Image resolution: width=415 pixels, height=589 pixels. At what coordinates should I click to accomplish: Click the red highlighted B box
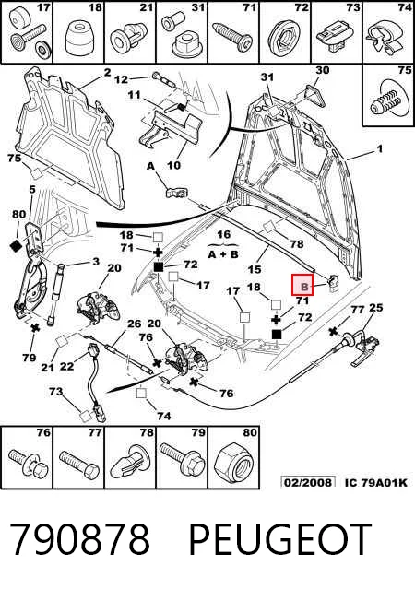click(x=303, y=284)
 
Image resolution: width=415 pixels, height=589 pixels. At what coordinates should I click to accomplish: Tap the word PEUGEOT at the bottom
click(x=280, y=540)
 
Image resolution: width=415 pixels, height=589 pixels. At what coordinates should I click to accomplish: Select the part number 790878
click(x=79, y=540)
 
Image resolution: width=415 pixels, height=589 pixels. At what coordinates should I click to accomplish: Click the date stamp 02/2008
click(x=309, y=482)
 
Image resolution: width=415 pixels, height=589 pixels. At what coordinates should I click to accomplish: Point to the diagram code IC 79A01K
click(x=376, y=482)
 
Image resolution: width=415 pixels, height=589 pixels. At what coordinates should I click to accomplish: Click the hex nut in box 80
click(x=233, y=462)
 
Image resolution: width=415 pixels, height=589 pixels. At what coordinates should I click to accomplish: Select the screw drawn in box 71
click(x=231, y=36)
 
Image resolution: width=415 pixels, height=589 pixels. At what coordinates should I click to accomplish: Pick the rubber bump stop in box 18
click(x=78, y=38)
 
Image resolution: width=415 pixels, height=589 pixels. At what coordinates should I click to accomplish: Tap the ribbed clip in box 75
click(x=388, y=100)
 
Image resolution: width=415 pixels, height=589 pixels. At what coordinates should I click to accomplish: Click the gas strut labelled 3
click(x=55, y=294)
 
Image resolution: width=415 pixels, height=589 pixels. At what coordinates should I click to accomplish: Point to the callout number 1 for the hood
click(x=380, y=149)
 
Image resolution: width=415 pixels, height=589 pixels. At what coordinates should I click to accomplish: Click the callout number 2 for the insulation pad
click(x=107, y=73)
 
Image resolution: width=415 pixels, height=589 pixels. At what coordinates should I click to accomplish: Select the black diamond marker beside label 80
click(x=17, y=246)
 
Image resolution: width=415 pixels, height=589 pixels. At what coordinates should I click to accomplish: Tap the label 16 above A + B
click(x=223, y=235)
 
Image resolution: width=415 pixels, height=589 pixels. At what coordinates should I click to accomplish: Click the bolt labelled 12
click(x=164, y=79)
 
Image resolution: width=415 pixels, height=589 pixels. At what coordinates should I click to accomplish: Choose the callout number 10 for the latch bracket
click(x=173, y=165)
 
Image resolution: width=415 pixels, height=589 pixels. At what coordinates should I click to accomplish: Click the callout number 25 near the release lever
click(x=375, y=308)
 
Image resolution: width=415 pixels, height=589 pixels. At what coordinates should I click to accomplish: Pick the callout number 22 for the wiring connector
click(x=66, y=366)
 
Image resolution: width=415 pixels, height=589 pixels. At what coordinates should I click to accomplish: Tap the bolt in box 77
click(x=79, y=463)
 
